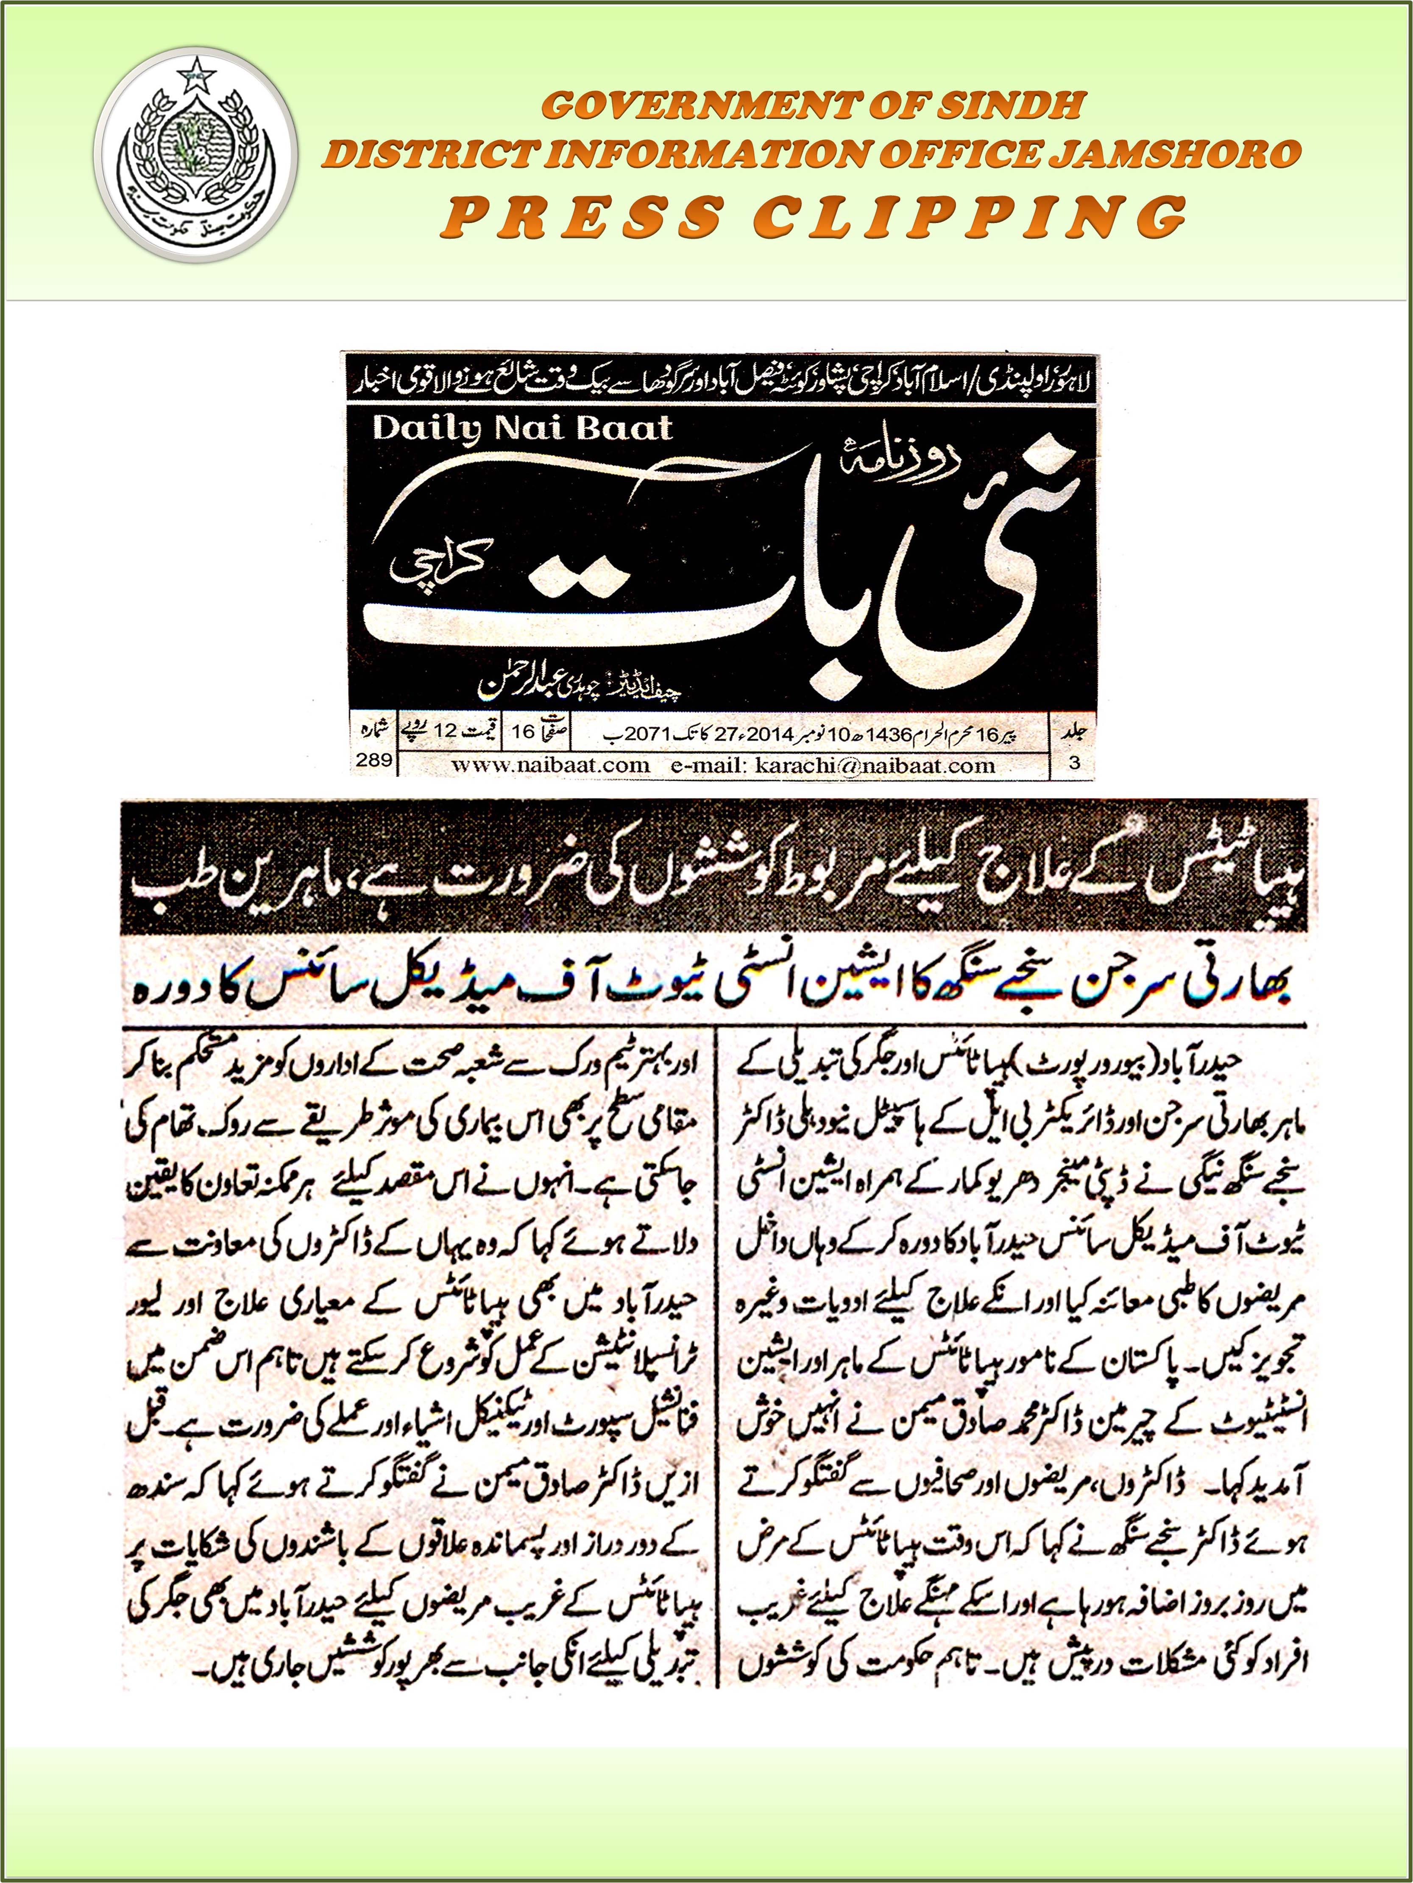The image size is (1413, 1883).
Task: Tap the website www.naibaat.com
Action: pos(551,764)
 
